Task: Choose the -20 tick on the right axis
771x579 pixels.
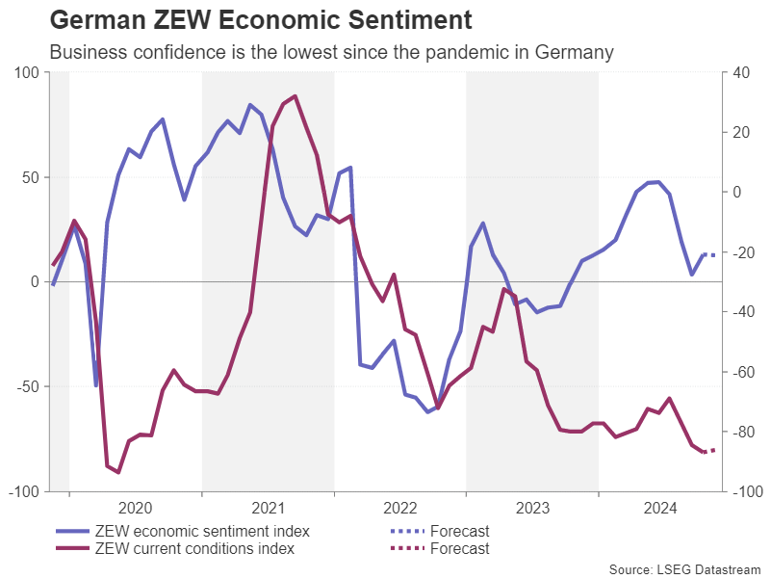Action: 741,252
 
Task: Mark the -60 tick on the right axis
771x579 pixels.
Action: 741,372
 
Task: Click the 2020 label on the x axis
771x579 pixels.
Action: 135,508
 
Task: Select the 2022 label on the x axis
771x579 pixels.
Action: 399,508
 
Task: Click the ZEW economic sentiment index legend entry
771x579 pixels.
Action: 202,531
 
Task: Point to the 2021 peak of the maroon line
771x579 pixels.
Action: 295,96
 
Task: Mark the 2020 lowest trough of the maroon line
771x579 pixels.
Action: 117,472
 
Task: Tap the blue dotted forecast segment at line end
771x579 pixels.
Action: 709,254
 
